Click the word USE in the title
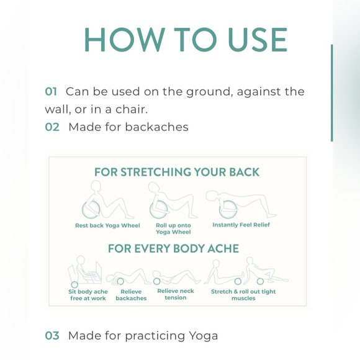[x=258, y=40]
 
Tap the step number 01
[x=51, y=91]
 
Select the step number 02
[x=52, y=127]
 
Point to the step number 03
[x=52, y=335]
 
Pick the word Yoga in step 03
[x=204, y=336]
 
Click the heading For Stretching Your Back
[x=177, y=172]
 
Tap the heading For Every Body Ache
[x=174, y=248]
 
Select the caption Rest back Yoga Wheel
[x=107, y=225]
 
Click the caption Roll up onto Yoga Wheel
[x=173, y=228]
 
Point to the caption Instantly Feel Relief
[x=241, y=225]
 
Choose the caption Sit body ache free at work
[x=88, y=295]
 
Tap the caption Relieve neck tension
[x=176, y=294]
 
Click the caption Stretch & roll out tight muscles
[x=243, y=295]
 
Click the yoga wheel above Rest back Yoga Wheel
[x=91, y=210]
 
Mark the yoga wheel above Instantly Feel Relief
[x=228, y=209]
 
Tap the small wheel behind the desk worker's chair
[x=74, y=285]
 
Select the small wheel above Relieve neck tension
[x=156, y=281]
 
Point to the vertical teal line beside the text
[x=332, y=93]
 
